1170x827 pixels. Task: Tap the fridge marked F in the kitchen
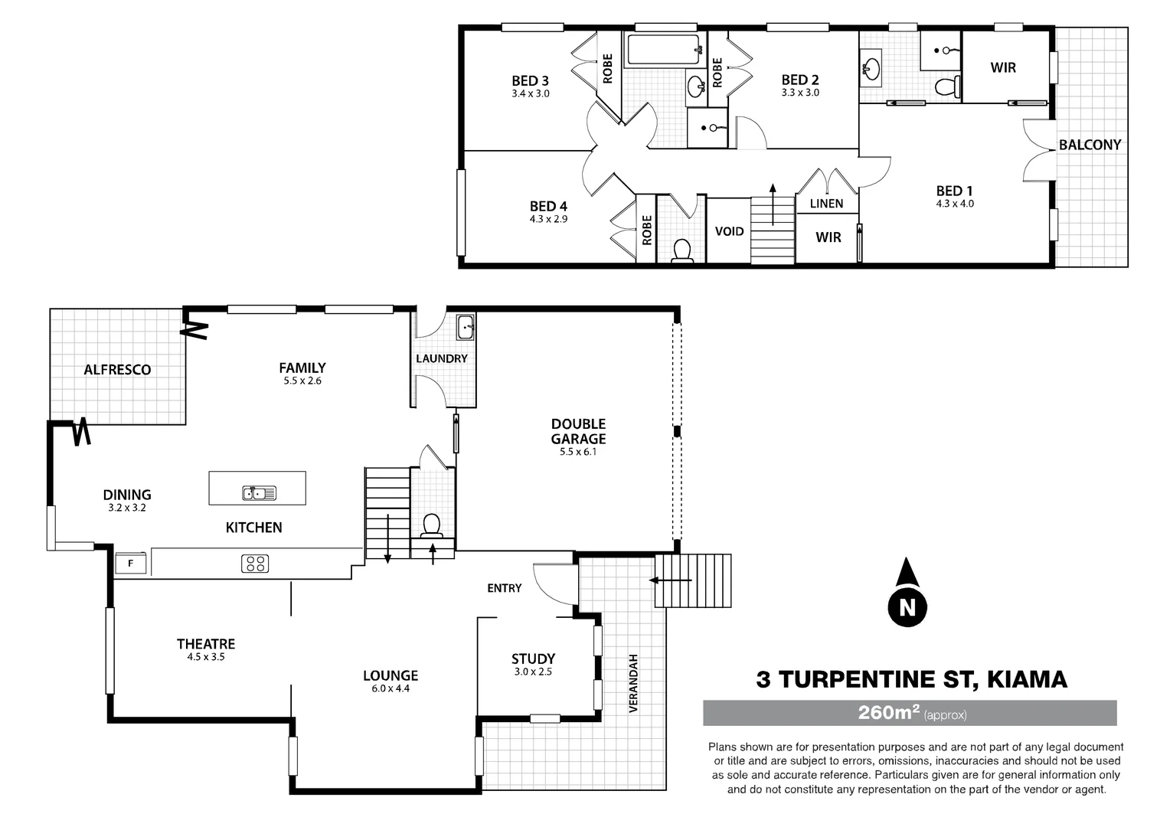tap(131, 564)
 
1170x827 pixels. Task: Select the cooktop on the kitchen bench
tap(255, 564)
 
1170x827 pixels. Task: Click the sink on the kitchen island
tap(260, 493)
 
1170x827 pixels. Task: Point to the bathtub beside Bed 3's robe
tap(664, 51)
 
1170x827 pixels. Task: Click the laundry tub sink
tap(465, 327)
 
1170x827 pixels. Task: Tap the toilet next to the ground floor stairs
tap(431, 525)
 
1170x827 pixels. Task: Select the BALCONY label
tap(1090, 145)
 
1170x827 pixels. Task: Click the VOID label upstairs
tap(729, 231)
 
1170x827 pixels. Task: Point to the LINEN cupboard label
tap(826, 204)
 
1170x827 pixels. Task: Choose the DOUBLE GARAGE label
tap(578, 431)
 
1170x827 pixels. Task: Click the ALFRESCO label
tap(117, 370)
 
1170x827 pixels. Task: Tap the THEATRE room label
tap(206, 644)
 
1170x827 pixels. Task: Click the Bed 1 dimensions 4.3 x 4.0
tap(955, 204)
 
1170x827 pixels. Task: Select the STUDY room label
tap(533, 659)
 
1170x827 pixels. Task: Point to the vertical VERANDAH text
tap(633, 683)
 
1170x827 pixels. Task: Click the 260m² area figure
tap(888, 713)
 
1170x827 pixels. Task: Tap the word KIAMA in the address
tap(1027, 679)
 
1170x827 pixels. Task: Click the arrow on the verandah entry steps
tap(671, 580)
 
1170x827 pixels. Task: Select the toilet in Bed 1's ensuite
tap(949, 87)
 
